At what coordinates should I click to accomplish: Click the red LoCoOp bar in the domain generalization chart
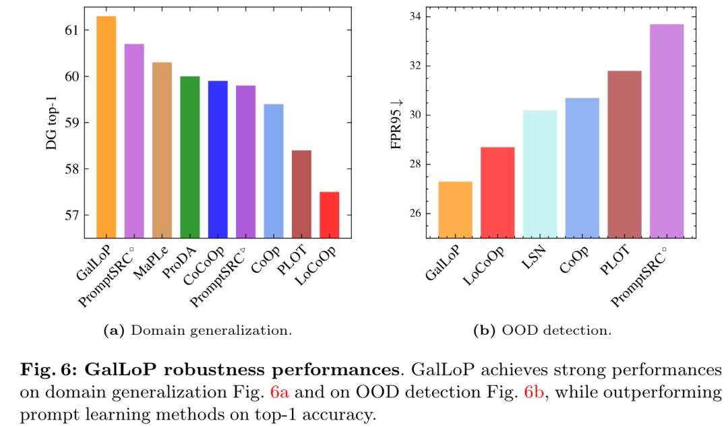coord(330,215)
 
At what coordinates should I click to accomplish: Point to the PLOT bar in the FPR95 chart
coord(624,154)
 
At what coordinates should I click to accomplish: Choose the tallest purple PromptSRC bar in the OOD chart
coord(667,131)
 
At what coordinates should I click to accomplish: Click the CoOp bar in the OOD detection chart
coord(582,168)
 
